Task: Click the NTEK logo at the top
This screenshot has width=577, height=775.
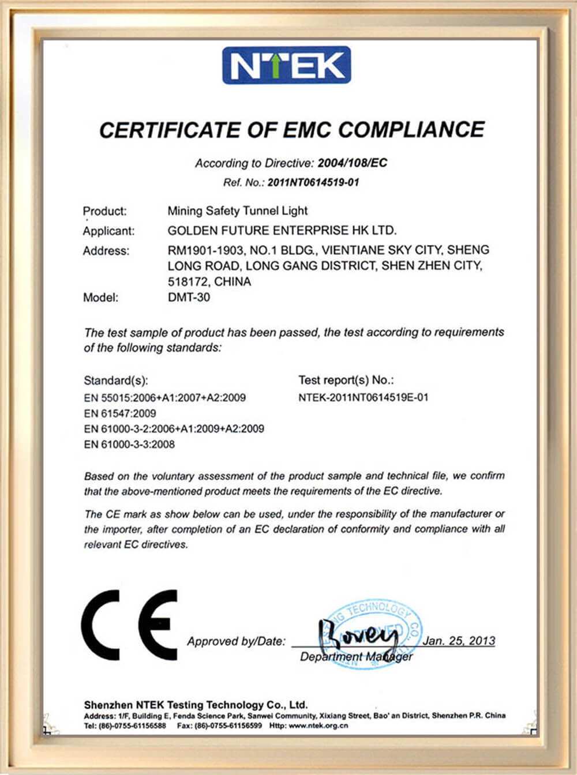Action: [x=287, y=65]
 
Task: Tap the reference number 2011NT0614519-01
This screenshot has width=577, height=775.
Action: [x=313, y=182]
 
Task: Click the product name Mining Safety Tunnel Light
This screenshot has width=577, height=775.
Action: [x=237, y=211]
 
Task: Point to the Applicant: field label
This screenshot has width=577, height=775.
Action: [x=108, y=231]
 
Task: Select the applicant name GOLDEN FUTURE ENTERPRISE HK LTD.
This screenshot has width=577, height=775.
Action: [x=282, y=231]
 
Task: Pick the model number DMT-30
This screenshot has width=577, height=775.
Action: [x=189, y=298]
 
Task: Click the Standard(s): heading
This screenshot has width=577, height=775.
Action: [x=116, y=381]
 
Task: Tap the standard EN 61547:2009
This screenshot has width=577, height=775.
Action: [x=120, y=413]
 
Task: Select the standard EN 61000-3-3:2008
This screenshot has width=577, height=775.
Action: [x=129, y=445]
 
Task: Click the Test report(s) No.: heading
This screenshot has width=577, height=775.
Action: [x=346, y=380]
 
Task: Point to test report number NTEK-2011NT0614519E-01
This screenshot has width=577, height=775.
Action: [x=364, y=397]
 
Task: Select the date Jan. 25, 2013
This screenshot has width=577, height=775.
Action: [x=459, y=641]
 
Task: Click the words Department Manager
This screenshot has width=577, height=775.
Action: [x=356, y=657]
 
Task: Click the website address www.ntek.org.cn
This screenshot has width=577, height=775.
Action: [x=319, y=726]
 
